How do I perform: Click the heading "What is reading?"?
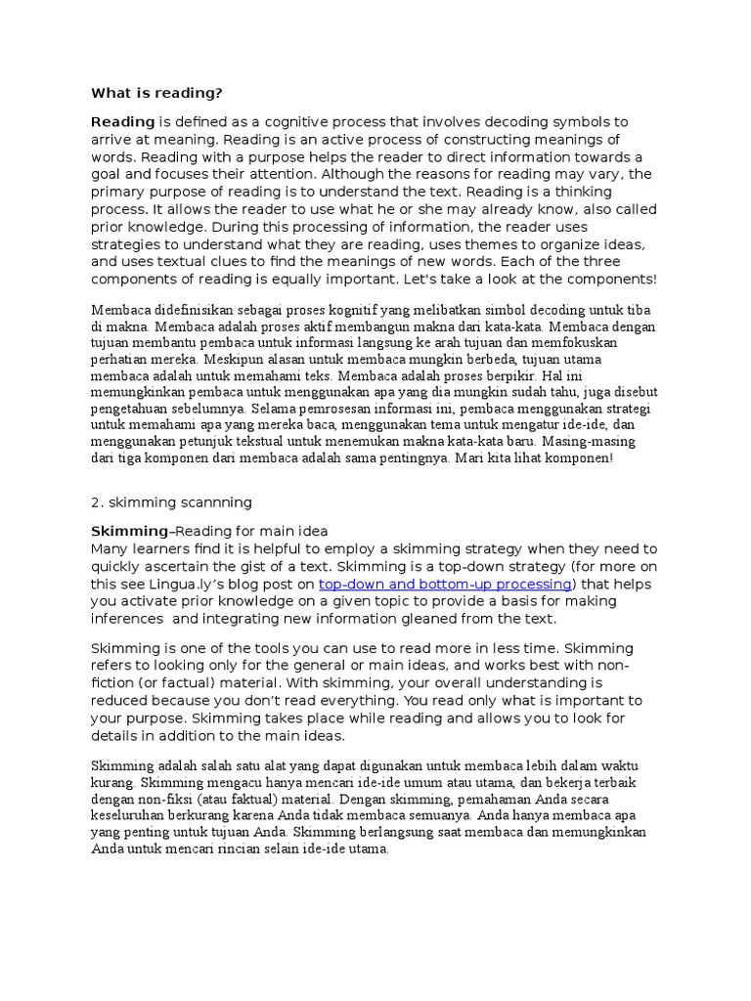[x=156, y=93]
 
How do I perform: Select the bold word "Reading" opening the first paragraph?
[x=122, y=121]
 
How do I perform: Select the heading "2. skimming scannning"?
[x=171, y=501]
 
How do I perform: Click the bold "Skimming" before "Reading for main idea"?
[x=129, y=530]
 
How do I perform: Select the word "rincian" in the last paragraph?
[x=260, y=849]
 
